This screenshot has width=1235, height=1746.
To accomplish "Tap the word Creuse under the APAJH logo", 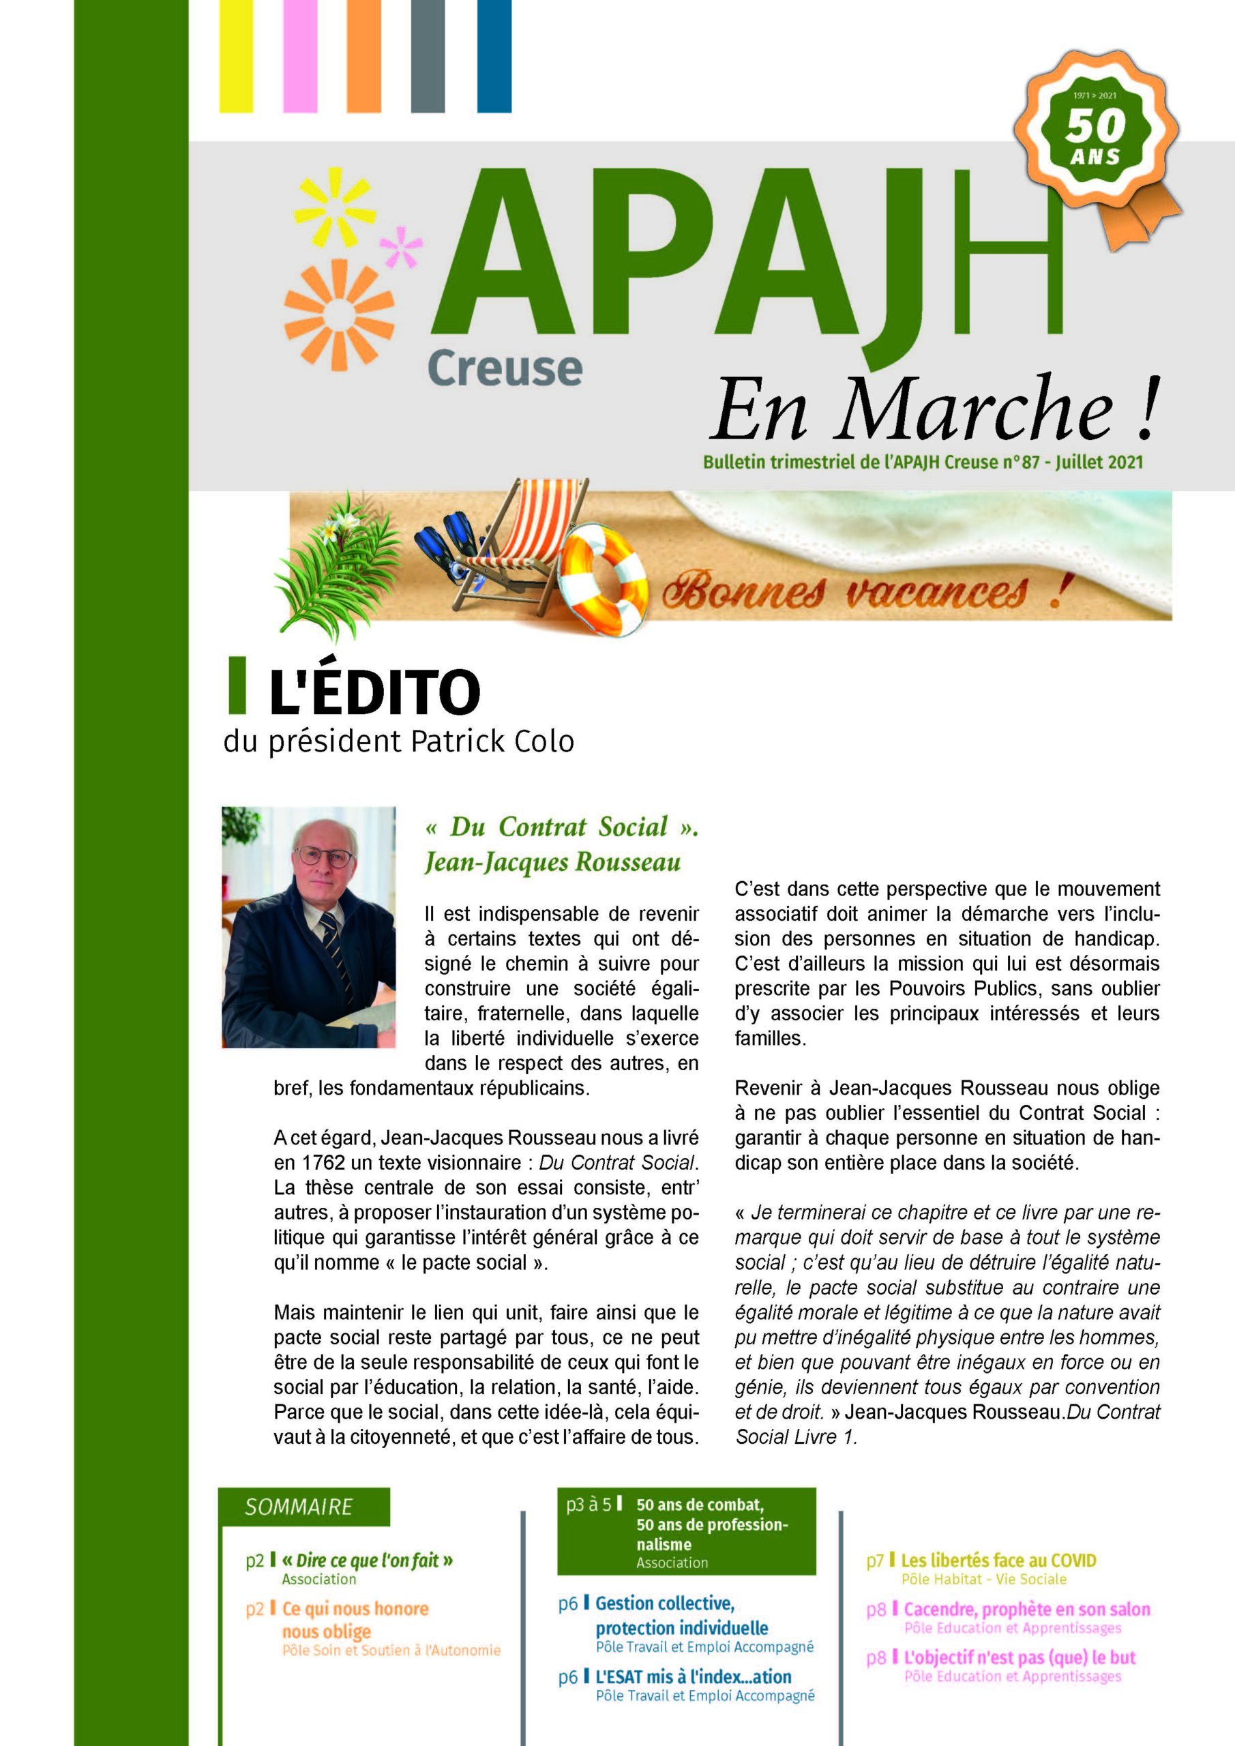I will point(505,369).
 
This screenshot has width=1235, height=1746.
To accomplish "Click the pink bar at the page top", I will point(300,57).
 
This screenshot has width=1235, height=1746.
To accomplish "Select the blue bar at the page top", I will point(494,57).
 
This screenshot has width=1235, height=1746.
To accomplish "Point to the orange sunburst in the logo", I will point(338,314).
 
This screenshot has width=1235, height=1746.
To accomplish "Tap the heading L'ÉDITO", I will point(374,692).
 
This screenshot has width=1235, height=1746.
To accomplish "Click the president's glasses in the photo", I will point(325,857).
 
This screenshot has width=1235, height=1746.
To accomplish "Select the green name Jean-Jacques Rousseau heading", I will point(552,862).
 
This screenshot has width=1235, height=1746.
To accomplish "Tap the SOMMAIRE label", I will point(299,1507).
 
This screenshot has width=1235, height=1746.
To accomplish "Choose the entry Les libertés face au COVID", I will point(998,1560).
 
